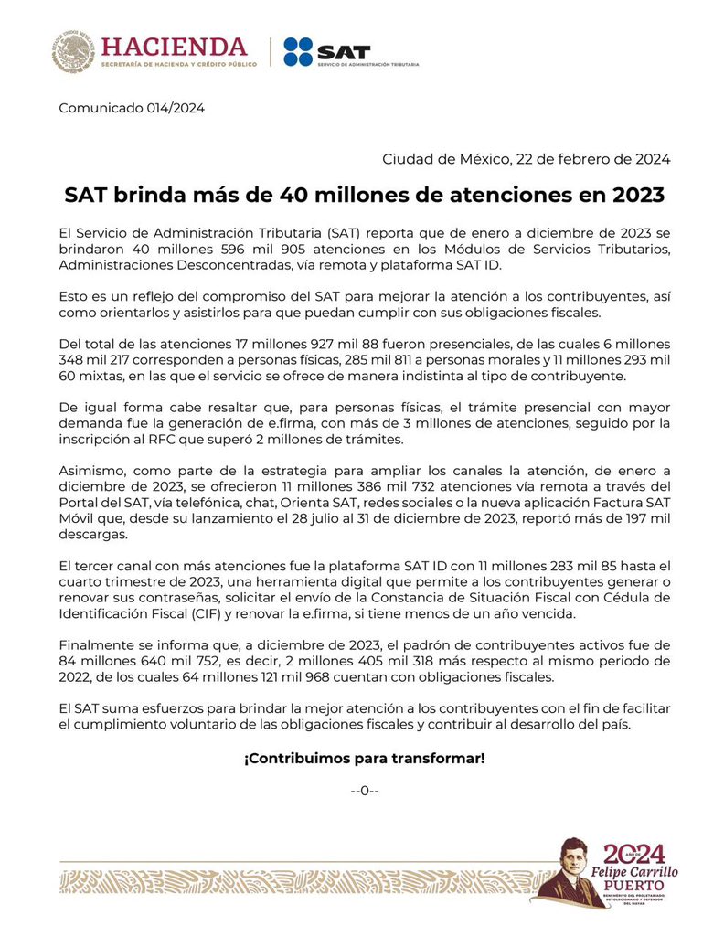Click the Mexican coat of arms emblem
coord(73,51)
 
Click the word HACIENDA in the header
coord(174,46)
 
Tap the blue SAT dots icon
coord(298,52)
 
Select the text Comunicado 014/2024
coord(132,108)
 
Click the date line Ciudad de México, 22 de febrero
coord(526,159)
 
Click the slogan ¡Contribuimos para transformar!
coord(364,759)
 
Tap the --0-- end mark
coord(364,790)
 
